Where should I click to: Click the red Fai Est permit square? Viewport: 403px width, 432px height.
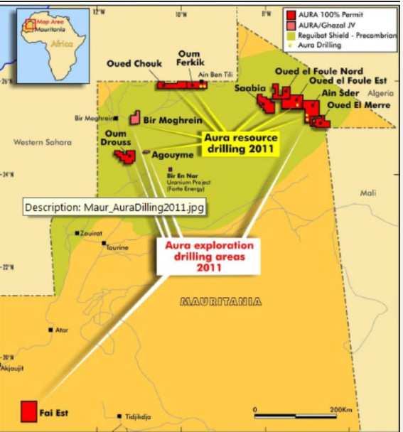(x=28, y=411)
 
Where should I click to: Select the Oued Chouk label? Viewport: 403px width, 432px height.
(x=134, y=64)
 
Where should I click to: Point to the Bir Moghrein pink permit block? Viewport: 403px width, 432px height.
(x=134, y=119)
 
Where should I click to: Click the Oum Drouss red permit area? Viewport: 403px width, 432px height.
(x=127, y=156)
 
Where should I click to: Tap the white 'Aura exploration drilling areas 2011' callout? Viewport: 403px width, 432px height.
(x=204, y=256)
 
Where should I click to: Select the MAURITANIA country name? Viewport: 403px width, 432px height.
(x=221, y=301)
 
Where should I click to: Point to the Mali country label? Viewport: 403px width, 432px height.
(x=368, y=193)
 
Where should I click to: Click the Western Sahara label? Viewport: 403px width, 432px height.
(x=43, y=142)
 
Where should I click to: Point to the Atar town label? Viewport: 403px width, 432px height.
(x=63, y=330)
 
